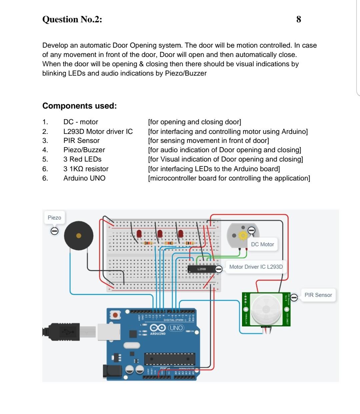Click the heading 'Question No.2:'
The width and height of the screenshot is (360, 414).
[x=72, y=19]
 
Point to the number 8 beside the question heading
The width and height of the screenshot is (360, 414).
[x=298, y=19]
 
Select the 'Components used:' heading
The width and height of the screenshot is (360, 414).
[x=79, y=106]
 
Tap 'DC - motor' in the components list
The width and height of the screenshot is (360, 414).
[x=81, y=122]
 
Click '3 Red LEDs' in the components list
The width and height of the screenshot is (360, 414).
[x=82, y=159]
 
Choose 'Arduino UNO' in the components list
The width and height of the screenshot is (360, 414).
[x=84, y=178]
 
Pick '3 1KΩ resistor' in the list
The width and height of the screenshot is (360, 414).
[x=86, y=169]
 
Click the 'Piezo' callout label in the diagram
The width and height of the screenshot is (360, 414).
[x=54, y=217]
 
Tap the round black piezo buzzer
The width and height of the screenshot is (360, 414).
[x=79, y=236]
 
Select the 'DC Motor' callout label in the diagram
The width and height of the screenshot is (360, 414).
[x=262, y=244]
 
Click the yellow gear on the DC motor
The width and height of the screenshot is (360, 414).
[x=243, y=235]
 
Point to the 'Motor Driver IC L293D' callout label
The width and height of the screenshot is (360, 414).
[x=256, y=267]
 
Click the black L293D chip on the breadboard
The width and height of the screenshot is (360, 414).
[x=202, y=269]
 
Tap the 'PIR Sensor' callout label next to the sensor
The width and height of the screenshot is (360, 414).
[x=318, y=295]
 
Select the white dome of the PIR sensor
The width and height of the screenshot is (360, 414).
[x=266, y=309]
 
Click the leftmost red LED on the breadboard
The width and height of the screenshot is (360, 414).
[x=139, y=234]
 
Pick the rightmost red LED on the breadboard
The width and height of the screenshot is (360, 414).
[x=181, y=233]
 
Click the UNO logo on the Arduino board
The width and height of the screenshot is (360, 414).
[x=176, y=328]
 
